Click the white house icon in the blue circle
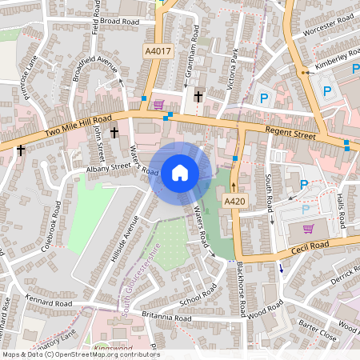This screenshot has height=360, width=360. [x=179, y=172]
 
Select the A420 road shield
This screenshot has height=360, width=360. [x=234, y=200]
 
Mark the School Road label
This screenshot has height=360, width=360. [x=198, y=297]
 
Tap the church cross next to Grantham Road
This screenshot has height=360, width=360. [x=198, y=96]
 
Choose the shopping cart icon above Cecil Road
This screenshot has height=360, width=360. [x=308, y=229]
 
